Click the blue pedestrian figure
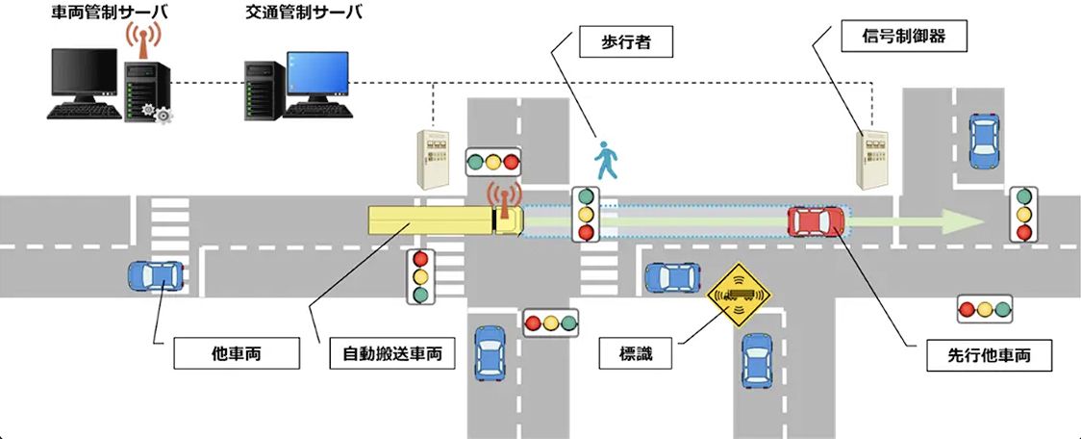tap(606, 161)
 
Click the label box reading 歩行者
tap(625, 43)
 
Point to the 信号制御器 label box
tap(904, 36)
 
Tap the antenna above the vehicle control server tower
tap(142, 41)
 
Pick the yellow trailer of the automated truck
tap(431, 219)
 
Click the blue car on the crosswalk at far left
tap(157, 275)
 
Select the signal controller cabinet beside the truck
tap(432, 159)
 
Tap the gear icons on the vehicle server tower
tap(155, 113)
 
